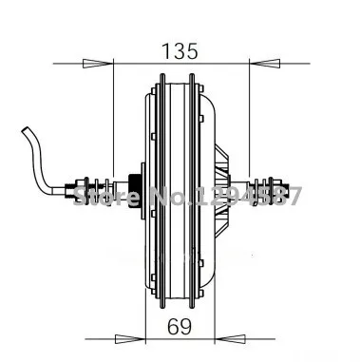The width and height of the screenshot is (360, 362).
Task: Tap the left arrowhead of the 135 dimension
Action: [100, 65]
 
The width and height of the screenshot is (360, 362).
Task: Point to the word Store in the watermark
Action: [102, 197]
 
